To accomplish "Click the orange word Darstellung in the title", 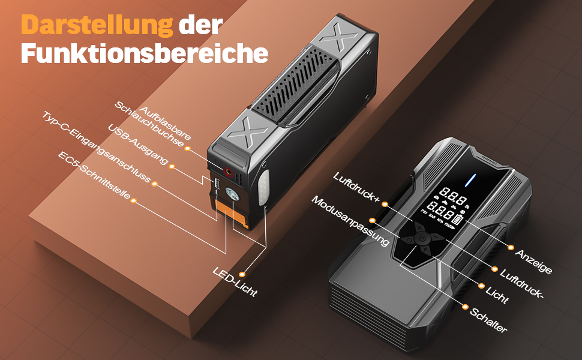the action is [x=97, y=25].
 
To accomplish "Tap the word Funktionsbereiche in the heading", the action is [x=145, y=53].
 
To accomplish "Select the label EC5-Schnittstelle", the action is [x=94, y=175].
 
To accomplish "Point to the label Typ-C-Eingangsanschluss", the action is [x=96, y=148].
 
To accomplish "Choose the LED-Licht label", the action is [x=235, y=281].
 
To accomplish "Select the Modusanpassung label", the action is [x=350, y=221].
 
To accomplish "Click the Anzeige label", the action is [x=533, y=261].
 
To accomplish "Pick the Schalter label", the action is [x=488, y=320].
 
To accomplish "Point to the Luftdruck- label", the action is [x=521, y=284].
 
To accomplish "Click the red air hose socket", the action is [x=227, y=172].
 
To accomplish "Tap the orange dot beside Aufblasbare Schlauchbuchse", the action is [x=187, y=148].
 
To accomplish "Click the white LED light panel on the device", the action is [x=263, y=188].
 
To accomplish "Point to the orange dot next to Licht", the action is [x=481, y=286].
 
